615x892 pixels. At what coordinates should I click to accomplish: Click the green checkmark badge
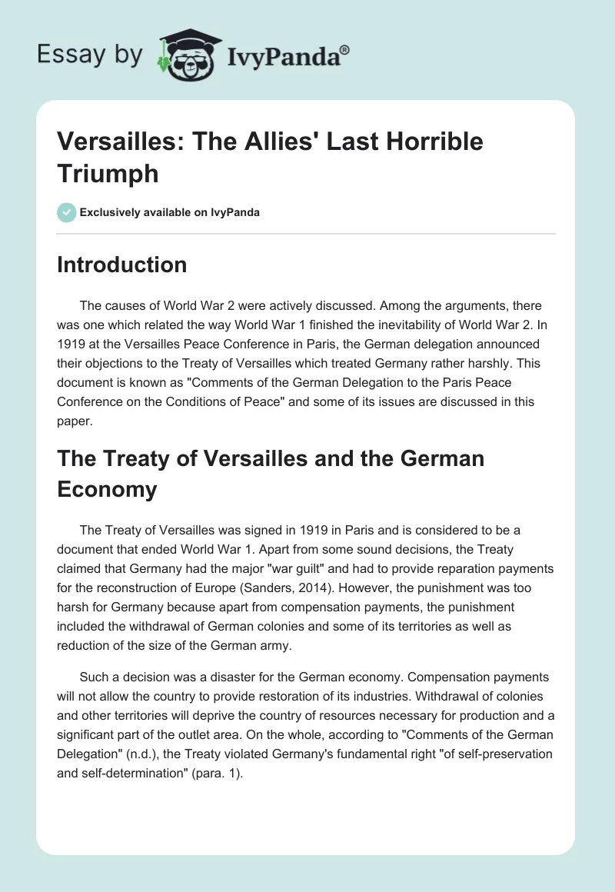67,212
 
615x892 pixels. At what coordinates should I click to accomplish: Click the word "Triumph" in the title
108,174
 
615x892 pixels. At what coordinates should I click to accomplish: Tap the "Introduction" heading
122,265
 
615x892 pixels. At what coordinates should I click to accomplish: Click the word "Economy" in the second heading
107,489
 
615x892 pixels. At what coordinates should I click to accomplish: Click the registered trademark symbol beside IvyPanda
345,48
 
